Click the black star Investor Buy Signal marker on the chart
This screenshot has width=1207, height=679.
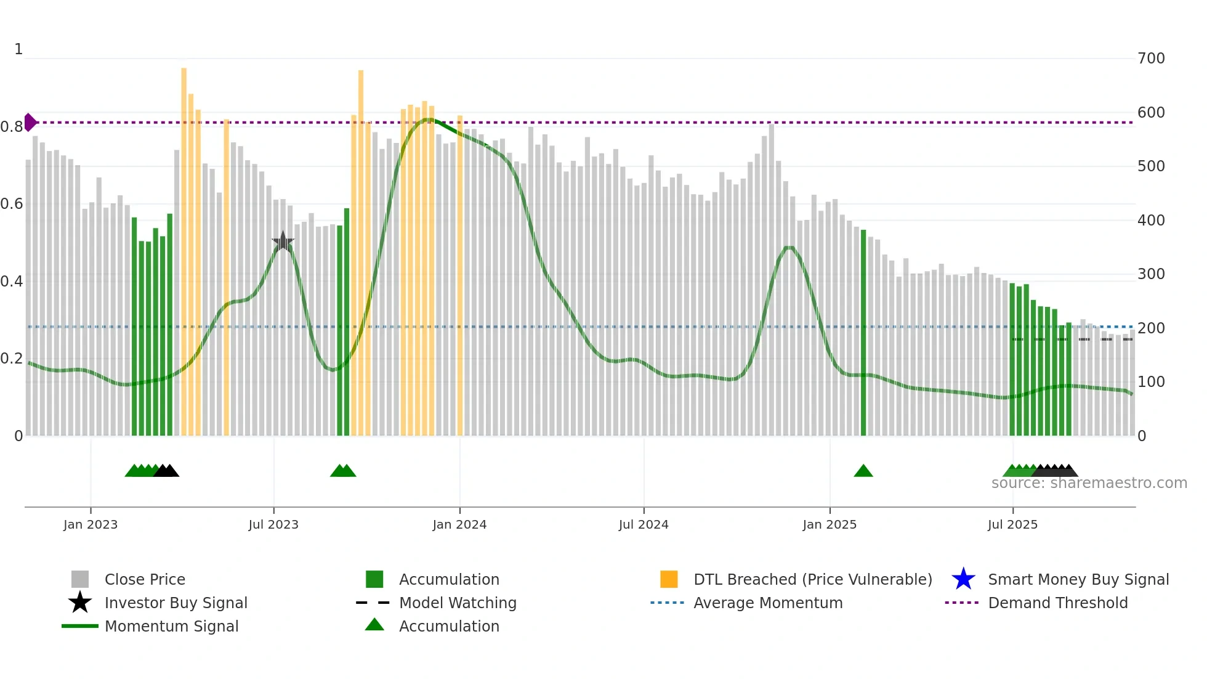pos(283,242)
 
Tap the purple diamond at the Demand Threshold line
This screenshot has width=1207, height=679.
pos(30,122)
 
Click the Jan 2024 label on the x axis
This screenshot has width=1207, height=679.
pos(459,524)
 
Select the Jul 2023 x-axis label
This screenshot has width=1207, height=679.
pos(273,524)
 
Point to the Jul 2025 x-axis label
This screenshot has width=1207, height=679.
pos(1012,524)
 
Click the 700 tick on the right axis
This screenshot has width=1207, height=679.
pos(1151,59)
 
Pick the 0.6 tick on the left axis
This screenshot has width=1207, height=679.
pos(12,204)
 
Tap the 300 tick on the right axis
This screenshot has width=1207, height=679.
pos(1151,274)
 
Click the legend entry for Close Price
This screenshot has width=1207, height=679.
pos(145,579)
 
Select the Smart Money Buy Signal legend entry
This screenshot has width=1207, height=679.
pos(1078,579)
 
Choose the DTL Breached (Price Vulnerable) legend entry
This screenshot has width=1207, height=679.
pos(812,579)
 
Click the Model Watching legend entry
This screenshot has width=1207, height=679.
pos(458,603)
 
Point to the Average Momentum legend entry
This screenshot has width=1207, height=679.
pos(768,603)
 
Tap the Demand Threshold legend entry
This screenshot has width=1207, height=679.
pos(1057,603)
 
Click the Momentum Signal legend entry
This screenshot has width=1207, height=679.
pos(171,626)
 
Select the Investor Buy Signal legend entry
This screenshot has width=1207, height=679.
pos(176,603)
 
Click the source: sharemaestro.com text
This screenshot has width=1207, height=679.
pos(1089,483)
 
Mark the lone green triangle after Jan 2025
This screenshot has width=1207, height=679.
pos(863,471)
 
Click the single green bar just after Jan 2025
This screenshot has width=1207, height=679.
pos(863,333)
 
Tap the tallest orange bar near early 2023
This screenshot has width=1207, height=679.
pos(184,246)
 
